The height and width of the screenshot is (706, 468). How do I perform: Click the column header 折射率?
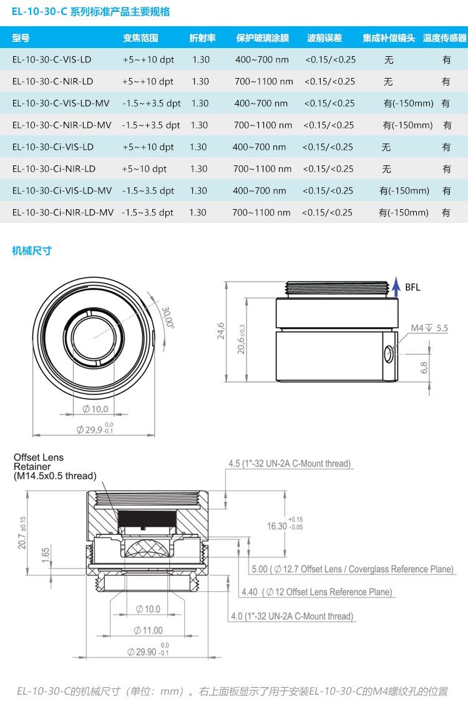click(x=202, y=38)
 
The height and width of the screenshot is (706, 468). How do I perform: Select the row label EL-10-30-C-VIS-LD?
click(x=52, y=60)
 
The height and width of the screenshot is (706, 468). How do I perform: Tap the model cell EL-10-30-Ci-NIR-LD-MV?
click(x=63, y=212)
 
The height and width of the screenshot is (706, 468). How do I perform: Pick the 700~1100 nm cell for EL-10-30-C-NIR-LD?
click(x=264, y=82)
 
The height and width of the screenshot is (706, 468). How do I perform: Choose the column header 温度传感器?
click(x=444, y=38)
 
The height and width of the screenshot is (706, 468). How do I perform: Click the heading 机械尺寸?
click(x=32, y=251)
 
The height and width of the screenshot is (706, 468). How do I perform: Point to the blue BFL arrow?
click(x=396, y=288)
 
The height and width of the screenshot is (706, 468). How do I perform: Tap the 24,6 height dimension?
click(x=221, y=330)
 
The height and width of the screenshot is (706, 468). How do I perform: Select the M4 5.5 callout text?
click(x=429, y=328)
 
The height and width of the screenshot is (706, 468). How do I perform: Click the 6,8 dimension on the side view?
click(x=424, y=367)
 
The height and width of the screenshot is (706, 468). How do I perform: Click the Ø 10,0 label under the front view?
click(x=95, y=409)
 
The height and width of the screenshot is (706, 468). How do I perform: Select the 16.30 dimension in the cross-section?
click(x=277, y=526)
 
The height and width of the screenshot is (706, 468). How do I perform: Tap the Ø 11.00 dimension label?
click(x=148, y=630)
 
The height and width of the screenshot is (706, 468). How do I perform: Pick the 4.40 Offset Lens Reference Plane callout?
click(x=316, y=592)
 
